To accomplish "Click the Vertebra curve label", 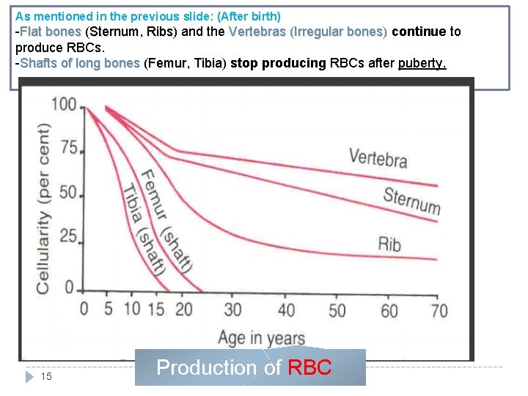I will point(378,158).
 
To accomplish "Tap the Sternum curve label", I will point(411,199).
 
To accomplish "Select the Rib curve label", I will point(389,243).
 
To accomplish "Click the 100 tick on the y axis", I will point(65,104).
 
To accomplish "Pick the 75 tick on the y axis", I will point(69,149).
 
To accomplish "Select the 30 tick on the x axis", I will point(232,309).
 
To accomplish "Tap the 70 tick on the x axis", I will point(439,309).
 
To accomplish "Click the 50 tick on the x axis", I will point(337,309).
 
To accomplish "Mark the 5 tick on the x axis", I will point(108,308).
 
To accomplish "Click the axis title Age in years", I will point(261,337).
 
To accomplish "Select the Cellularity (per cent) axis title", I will point(43,208).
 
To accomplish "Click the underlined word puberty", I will point(422,63).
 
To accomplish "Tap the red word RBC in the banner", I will point(309,368).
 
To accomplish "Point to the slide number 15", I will point(46,376).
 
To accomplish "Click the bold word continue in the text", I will point(419,32).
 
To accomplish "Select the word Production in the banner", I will point(208,368).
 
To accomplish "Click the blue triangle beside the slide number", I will point(29,376).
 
